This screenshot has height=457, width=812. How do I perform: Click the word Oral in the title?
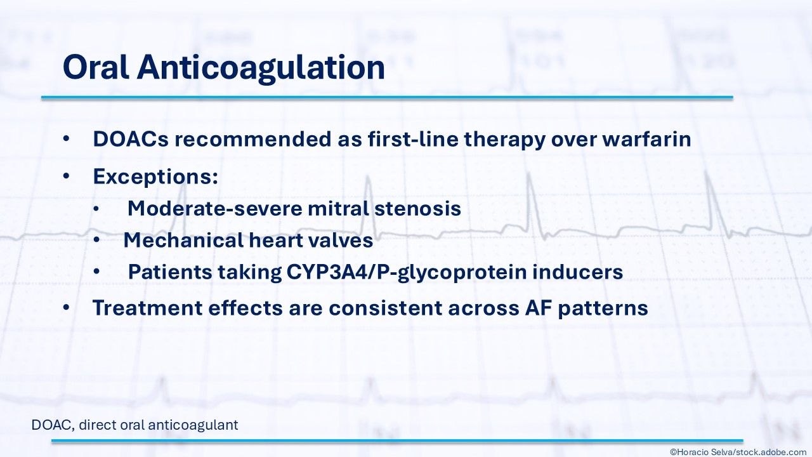96,67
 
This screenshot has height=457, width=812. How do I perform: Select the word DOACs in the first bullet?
131,139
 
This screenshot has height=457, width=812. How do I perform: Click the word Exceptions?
155,176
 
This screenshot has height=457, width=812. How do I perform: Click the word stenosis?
417,209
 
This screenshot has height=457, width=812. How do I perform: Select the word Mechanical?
183,240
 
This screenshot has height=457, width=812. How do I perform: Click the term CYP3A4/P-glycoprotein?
407,272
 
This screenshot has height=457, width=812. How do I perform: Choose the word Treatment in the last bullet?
148,308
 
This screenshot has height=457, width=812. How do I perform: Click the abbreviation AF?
539,308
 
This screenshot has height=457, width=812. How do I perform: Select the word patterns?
603,308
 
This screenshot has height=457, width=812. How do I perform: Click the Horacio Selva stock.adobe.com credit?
740,452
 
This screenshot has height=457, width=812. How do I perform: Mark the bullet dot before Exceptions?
66,176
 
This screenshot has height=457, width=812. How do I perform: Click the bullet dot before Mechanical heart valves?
96,240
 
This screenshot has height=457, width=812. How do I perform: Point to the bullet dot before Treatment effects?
66,307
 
